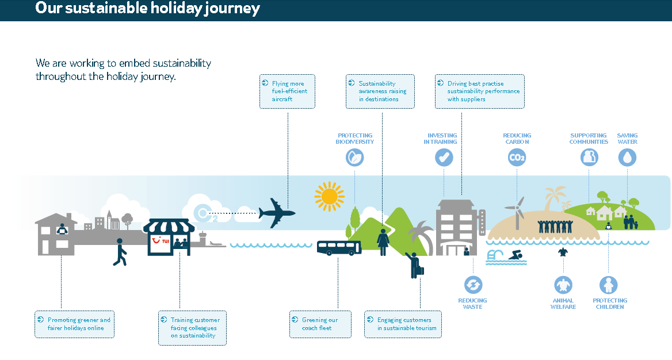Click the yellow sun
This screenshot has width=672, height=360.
click(x=329, y=197)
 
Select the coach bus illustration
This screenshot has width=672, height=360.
click(x=339, y=247)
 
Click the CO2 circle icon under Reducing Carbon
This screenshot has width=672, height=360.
click(x=517, y=157)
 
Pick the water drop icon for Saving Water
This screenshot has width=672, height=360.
click(x=627, y=157)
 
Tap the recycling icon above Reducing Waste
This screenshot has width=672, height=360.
click(x=473, y=284)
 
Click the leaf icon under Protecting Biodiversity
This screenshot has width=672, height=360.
click(x=355, y=157)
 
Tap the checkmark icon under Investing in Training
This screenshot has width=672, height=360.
click(x=444, y=157)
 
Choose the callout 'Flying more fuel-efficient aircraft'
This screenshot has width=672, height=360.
click(x=287, y=91)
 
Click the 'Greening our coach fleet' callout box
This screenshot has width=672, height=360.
click(x=320, y=324)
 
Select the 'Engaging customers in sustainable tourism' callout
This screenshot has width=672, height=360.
click(x=403, y=324)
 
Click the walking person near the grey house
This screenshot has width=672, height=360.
click(x=120, y=252)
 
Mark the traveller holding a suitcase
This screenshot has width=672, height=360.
click(x=414, y=265)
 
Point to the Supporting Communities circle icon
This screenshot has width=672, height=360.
click(x=589, y=157)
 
